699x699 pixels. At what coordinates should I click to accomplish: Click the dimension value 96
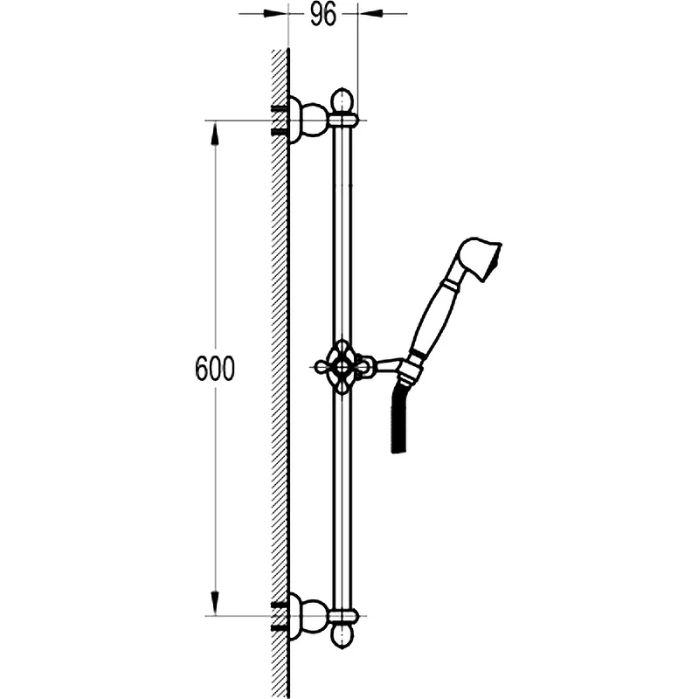point(322,15)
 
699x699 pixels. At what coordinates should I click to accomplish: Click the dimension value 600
point(215,369)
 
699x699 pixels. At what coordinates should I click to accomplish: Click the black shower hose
point(399,417)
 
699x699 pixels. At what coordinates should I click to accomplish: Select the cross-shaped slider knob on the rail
point(342,366)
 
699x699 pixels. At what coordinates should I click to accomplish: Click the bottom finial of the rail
point(342,635)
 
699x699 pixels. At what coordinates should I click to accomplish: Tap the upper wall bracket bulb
point(314,120)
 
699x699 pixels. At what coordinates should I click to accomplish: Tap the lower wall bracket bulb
point(314,616)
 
